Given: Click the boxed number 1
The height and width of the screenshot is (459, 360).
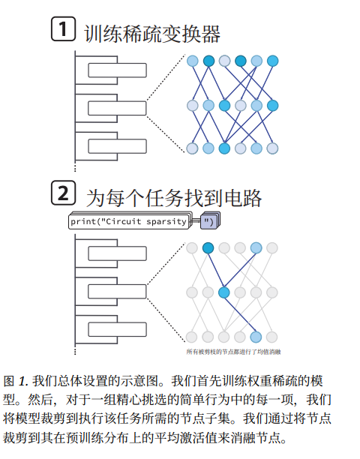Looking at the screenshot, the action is pyautogui.click(x=63, y=28).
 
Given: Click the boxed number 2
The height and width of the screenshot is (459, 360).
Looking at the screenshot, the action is pyautogui.click(x=63, y=193).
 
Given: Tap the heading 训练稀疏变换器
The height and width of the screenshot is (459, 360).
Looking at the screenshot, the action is pyautogui.click(x=152, y=34).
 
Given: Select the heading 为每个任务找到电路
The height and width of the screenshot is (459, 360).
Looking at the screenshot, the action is pyautogui.click(x=173, y=197).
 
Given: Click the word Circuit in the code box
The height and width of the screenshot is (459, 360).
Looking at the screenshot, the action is pyautogui.click(x=123, y=221).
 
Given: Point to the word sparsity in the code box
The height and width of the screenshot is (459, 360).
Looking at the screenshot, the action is pyautogui.click(x=166, y=222).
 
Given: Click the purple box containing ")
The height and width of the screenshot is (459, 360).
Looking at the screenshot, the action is pyautogui.click(x=209, y=221).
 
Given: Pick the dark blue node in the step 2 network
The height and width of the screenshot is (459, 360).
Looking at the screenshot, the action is pyautogui.click(x=208, y=248).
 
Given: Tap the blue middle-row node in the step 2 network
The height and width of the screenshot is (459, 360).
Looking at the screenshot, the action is pyautogui.click(x=224, y=292).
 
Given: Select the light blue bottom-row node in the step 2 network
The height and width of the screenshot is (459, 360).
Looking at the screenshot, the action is pyautogui.click(x=256, y=337).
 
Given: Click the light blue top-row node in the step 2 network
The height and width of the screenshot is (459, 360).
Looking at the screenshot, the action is pyautogui.click(x=256, y=248).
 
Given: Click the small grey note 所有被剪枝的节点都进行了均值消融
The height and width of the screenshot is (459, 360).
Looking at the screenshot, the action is pyautogui.click(x=233, y=352).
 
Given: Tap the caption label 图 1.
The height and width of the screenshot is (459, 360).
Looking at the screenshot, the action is pyautogui.click(x=16, y=381).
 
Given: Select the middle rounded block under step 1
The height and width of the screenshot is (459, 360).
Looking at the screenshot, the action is pyautogui.click(x=117, y=108).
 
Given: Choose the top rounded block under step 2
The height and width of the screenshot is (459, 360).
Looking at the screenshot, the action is pyautogui.click(x=117, y=253).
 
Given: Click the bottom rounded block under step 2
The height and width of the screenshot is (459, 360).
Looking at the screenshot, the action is pyautogui.click(x=117, y=329).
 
